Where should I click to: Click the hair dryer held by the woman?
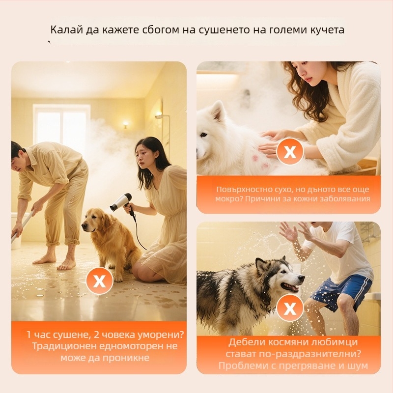pos(121,202)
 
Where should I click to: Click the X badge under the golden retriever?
pos(99,281)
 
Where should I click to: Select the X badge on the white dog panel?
pos(290,152)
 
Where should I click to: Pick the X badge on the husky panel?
pos(290,309)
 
